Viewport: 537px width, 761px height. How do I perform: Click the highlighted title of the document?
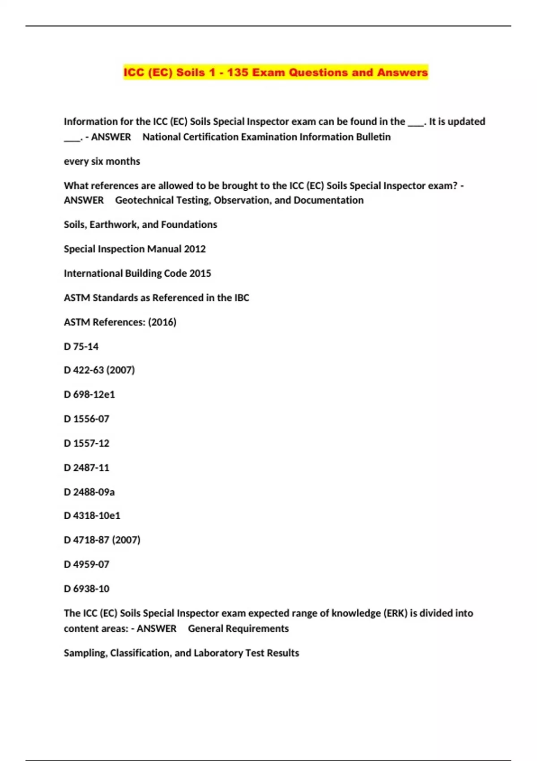[276, 73]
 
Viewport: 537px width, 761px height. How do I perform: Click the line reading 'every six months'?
[102, 161]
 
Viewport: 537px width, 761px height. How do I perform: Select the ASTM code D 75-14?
[81, 346]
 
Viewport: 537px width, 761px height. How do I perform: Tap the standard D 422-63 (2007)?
[99, 370]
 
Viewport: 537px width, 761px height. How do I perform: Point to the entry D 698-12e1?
[89, 394]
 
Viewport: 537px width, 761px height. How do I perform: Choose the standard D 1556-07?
[86, 419]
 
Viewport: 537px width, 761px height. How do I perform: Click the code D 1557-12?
[86, 443]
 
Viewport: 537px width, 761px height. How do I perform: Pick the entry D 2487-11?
[86, 468]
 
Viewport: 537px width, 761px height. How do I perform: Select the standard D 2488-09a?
[89, 492]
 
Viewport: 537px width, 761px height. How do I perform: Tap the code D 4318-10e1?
[92, 516]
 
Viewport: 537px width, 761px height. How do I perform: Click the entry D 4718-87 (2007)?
[102, 540]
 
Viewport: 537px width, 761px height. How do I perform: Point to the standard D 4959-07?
[86, 564]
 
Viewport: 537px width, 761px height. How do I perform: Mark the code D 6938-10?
[86, 589]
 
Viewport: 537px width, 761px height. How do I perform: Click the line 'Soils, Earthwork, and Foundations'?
[140, 225]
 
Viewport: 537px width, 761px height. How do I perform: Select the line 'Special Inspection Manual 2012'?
[135, 249]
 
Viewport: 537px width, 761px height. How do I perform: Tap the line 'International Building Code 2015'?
[137, 274]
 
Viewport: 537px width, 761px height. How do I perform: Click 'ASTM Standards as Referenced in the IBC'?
[156, 298]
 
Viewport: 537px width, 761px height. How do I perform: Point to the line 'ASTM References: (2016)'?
[120, 322]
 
